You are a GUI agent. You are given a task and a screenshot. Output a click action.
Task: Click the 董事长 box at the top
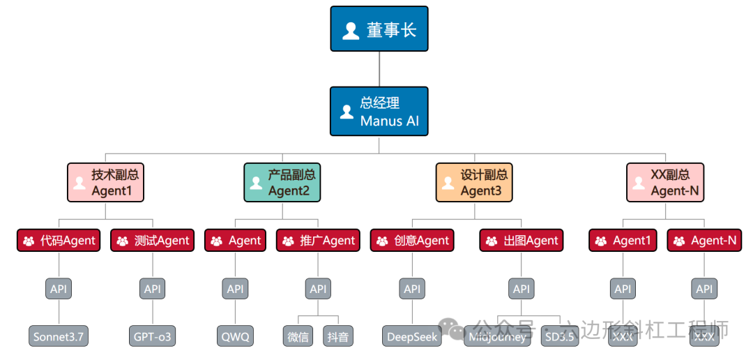tap(379, 29)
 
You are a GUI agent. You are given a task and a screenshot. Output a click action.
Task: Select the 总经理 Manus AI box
tap(379, 112)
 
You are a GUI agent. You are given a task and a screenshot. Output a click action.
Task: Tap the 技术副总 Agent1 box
tap(105, 182)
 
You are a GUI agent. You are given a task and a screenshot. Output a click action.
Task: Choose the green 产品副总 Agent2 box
tap(282, 182)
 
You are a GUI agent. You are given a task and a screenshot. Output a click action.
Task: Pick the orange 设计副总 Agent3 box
tap(474, 182)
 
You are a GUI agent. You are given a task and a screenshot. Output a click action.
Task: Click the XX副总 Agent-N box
tap(665, 182)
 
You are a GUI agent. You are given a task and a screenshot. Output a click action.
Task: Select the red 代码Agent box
tap(59, 241)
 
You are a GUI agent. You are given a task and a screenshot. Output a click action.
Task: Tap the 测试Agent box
tap(152, 241)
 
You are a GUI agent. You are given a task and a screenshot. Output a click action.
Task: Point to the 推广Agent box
tap(318, 241)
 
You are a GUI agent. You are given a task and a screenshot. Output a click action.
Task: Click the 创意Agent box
tap(412, 241)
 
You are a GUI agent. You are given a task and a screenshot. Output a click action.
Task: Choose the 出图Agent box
tap(522, 241)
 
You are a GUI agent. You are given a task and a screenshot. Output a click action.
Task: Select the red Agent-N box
tap(704, 241)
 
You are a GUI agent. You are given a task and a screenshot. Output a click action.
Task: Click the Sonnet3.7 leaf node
tap(59, 336)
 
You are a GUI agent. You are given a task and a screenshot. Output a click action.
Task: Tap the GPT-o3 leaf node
tap(152, 336)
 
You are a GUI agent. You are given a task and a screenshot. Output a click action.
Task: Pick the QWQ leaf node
tap(235, 336)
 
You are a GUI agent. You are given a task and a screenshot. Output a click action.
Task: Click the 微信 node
tap(298, 336)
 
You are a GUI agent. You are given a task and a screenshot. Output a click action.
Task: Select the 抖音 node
tap(338, 336)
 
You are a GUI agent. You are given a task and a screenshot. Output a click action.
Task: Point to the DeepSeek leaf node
tap(412, 336)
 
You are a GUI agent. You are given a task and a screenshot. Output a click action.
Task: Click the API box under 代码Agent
tap(59, 289)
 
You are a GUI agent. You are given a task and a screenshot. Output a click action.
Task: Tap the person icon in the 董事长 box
tap(351, 30)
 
